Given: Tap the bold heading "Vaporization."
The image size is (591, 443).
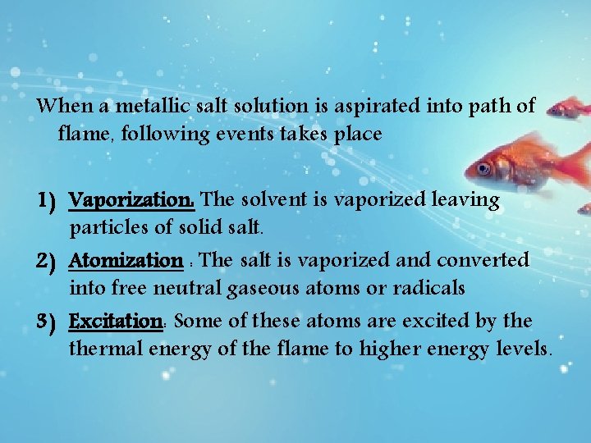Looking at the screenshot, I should click(132, 200).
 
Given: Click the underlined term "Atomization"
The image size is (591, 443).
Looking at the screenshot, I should click(126, 261).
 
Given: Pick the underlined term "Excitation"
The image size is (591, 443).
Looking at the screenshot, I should click(117, 321).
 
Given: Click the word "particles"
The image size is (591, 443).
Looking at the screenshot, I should click(104, 226).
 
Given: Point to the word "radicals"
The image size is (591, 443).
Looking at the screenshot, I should click(431, 288).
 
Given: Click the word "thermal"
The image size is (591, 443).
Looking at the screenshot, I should click(105, 349).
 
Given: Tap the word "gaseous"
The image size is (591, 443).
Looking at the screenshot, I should click(279, 289).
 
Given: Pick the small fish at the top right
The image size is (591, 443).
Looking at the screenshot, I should click(570, 107).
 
